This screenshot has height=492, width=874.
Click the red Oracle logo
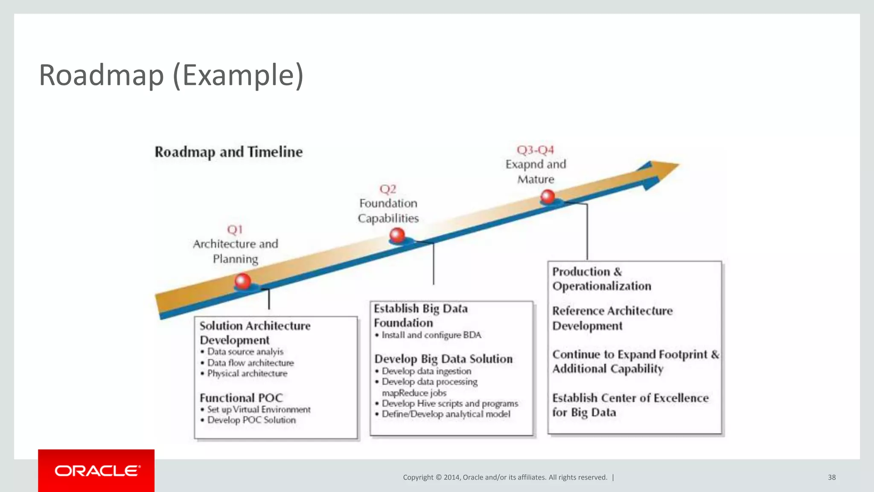tap(96, 470)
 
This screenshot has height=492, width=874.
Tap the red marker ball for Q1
tap(243, 281)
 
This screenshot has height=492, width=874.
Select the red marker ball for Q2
tap(397, 235)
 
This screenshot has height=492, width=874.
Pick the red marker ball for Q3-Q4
tap(548, 196)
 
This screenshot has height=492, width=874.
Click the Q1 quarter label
tap(235, 230)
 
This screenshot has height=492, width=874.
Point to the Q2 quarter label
tap(388, 189)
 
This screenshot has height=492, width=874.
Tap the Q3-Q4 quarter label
tap(535, 150)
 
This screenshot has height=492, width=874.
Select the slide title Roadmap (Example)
tap(171, 75)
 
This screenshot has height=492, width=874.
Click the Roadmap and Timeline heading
tap(228, 152)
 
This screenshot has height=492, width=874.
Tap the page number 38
tap(832, 477)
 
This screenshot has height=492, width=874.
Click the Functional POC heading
tap(241, 398)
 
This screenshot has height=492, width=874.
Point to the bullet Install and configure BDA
tap(431, 335)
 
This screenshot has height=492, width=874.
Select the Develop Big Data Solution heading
tap(443, 359)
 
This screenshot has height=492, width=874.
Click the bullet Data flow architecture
tap(251, 363)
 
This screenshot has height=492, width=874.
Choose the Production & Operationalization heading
tap(602, 279)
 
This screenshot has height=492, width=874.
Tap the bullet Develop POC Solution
tap(251, 420)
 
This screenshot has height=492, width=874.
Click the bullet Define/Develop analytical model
tap(446, 414)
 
